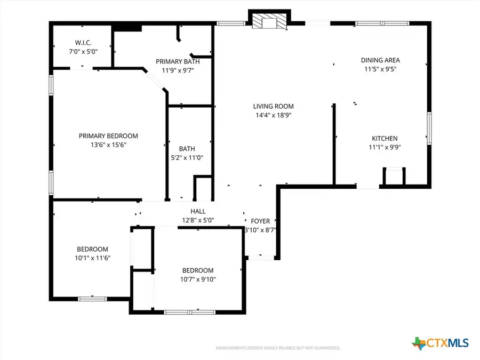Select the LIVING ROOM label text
click(x=273, y=106)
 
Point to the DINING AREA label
click(x=380, y=60)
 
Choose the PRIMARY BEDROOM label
click(x=108, y=136)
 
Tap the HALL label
click(x=198, y=212)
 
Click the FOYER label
click(x=260, y=221)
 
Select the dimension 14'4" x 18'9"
click(x=273, y=115)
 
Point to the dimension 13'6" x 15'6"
click(x=108, y=145)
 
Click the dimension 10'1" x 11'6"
click(x=92, y=258)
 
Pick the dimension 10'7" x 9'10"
click(x=197, y=279)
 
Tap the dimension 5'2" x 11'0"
click(x=187, y=157)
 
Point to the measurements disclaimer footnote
click(x=278, y=348)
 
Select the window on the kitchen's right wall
click(x=428, y=128)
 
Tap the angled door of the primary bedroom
click(x=156, y=82)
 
